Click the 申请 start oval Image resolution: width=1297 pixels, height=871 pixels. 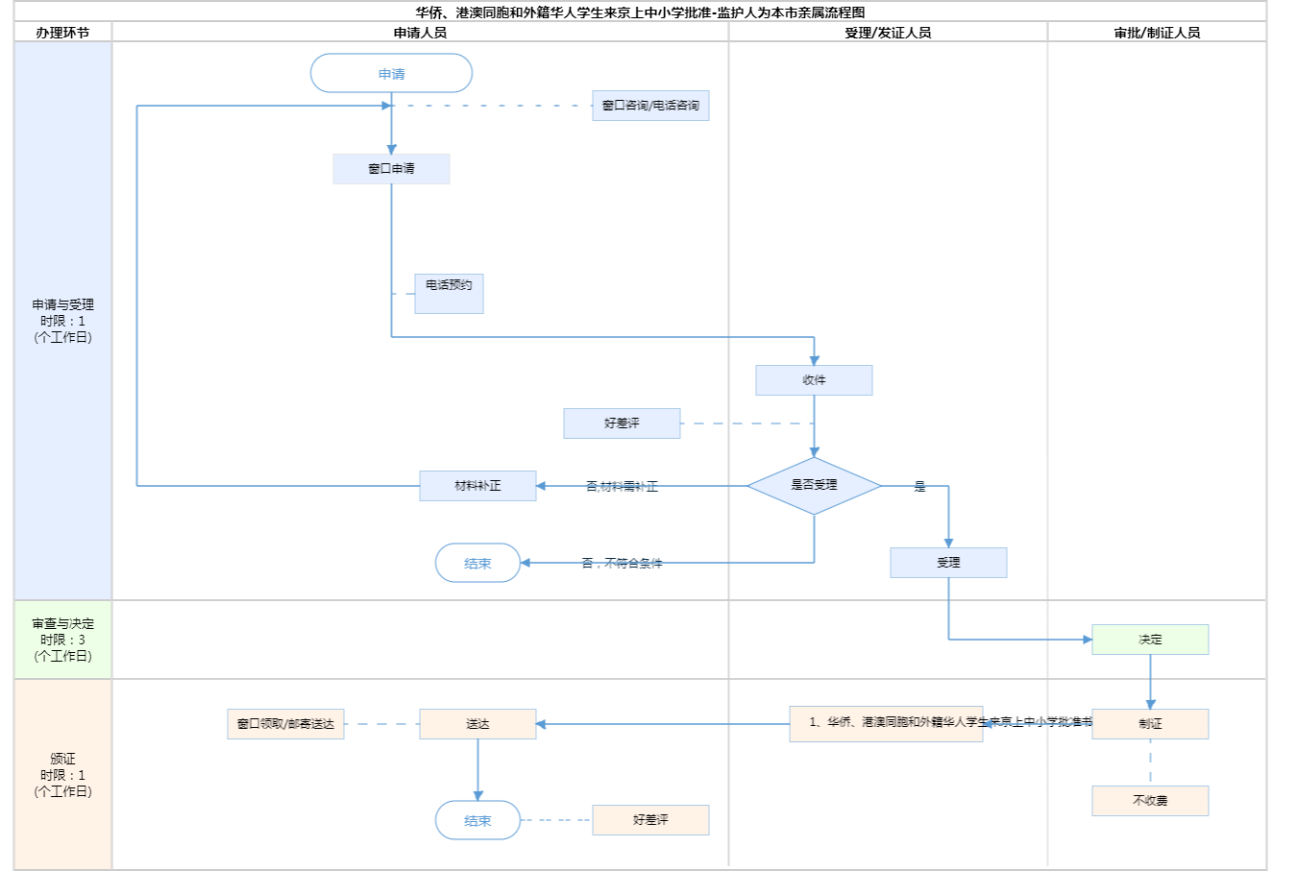391,73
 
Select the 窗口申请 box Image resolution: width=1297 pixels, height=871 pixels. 391,169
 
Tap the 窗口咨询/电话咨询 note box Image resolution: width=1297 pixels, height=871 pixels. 650,106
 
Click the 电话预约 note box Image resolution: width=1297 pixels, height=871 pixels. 449,293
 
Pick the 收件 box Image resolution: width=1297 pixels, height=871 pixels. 814,380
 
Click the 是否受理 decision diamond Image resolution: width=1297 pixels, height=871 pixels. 814,485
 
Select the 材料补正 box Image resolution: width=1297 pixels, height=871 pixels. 477,486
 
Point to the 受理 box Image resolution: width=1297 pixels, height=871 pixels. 948,563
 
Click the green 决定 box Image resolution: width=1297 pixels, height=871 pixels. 1150,640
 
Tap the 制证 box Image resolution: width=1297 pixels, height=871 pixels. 1150,724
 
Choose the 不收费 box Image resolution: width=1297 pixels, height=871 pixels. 1150,801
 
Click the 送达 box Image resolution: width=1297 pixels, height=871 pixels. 477,724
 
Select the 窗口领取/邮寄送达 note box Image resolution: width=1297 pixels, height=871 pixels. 285,724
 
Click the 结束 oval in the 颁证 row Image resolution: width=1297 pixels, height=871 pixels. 477,820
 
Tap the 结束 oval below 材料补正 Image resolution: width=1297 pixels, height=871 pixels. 477,563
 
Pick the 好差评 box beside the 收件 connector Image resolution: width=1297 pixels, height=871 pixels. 622,423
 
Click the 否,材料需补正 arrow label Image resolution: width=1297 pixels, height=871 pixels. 622,487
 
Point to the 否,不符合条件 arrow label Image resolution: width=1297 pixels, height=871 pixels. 622,564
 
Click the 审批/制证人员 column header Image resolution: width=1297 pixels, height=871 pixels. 1157,33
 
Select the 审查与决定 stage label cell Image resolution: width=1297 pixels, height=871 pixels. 63,640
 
